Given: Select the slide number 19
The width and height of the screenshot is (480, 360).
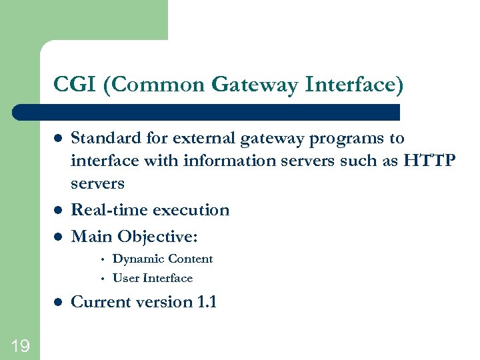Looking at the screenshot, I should click(x=19, y=345).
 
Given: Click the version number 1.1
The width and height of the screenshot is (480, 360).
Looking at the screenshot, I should click(x=207, y=302).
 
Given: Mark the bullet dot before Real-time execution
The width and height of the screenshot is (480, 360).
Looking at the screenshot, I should click(x=58, y=211).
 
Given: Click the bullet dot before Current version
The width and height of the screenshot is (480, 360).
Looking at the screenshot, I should click(x=58, y=303).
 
